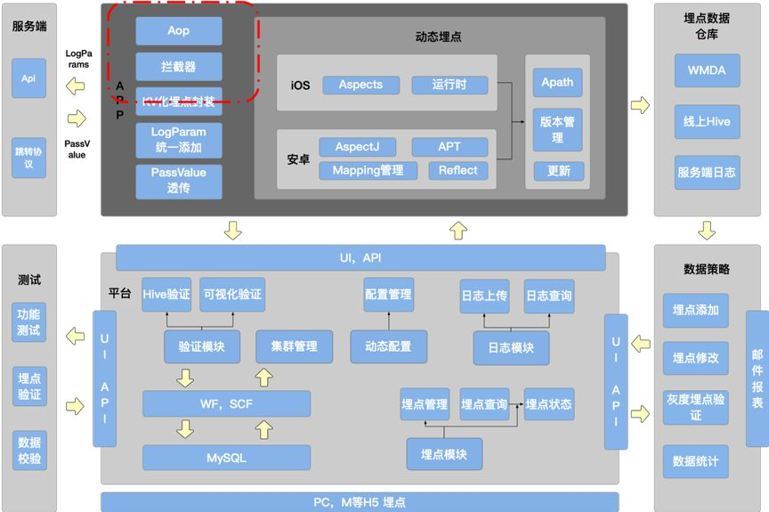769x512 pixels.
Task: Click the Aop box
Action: pyautogui.click(x=179, y=31)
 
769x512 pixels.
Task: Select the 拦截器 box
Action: pyautogui.click(x=179, y=67)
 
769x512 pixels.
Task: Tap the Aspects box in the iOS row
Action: pyautogui.click(x=360, y=85)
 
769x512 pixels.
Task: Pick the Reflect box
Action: pyautogui.click(x=458, y=170)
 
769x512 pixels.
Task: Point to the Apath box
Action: pyautogui.click(x=557, y=83)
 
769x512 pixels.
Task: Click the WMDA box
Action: pyautogui.click(x=707, y=69)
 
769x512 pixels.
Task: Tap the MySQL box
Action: pyautogui.click(x=227, y=458)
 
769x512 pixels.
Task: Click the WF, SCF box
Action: pyautogui.click(x=227, y=403)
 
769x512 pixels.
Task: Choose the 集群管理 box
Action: pyautogui.click(x=294, y=346)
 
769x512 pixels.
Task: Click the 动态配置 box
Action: pyautogui.click(x=388, y=346)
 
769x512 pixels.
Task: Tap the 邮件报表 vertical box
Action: pyautogui.click(x=757, y=378)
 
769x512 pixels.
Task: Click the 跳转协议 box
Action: pyautogui.click(x=28, y=158)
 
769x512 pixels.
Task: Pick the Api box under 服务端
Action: pyautogui.click(x=28, y=78)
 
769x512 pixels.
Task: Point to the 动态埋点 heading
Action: pyautogui.click(x=438, y=37)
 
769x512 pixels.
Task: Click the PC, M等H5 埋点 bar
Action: pyautogui.click(x=360, y=502)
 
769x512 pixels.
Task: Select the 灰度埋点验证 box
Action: pyautogui.click(x=695, y=407)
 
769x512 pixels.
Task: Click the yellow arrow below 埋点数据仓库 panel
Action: pyautogui.click(x=707, y=231)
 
